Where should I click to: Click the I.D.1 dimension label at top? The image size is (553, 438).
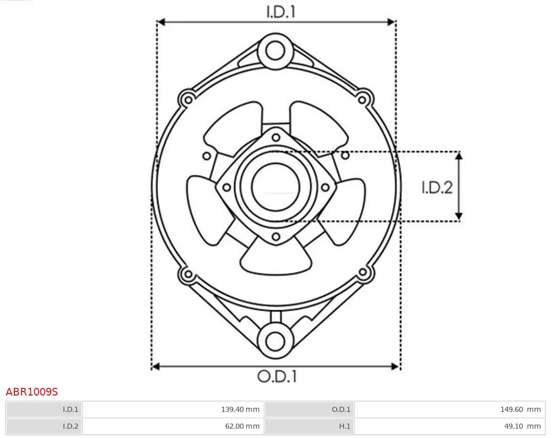pyautogui.click(x=281, y=12)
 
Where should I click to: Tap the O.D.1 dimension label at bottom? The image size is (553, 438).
pyautogui.click(x=276, y=377)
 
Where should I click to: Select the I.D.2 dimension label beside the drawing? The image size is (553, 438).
pyautogui.click(x=437, y=188)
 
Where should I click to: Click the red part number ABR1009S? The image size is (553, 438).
pyautogui.click(x=32, y=392)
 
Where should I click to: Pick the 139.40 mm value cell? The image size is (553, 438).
pyautogui.click(x=172, y=409)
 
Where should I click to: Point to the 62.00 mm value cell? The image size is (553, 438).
pyautogui.click(x=172, y=426)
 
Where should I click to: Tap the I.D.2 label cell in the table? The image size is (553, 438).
pyautogui.click(x=44, y=426)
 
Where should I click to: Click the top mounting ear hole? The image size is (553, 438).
pyautogui.click(x=275, y=51)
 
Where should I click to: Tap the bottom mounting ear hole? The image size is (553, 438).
pyautogui.click(x=275, y=341)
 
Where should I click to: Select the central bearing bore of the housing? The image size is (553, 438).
pyautogui.click(x=275, y=187)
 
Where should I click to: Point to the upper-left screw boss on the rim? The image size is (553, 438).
pyautogui.click(x=187, y=98)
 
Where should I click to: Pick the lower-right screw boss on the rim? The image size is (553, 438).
pyautogui.click(x=364, y=273)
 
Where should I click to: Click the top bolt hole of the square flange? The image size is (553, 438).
pyautogui.click(x=276, y=137)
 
